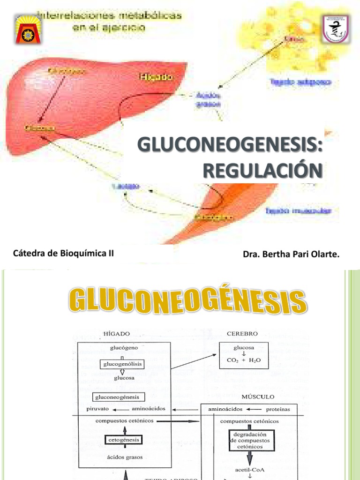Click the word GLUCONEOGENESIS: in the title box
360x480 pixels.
230,146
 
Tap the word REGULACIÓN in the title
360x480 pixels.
262,170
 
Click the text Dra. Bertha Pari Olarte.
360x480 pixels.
291,254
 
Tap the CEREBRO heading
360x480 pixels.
242,334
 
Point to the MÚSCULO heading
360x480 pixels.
258,397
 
